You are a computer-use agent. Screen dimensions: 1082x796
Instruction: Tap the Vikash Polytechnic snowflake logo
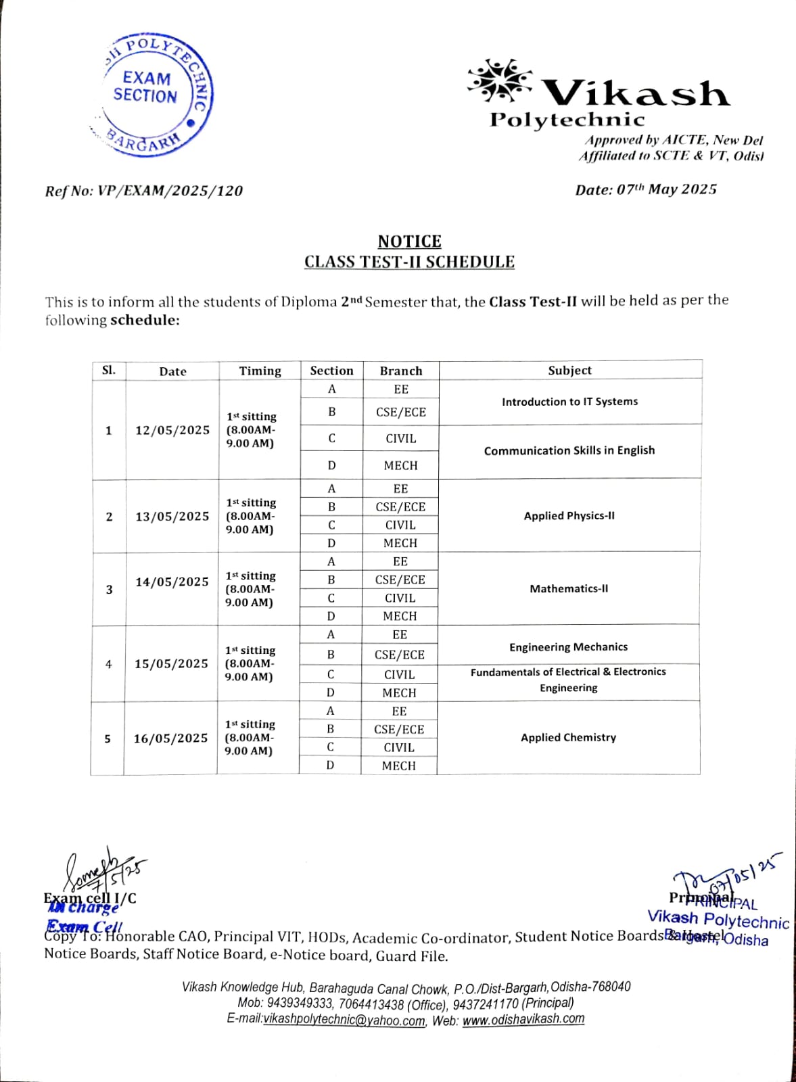[499, 80]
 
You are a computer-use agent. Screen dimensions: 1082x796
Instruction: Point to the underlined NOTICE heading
[409, 241]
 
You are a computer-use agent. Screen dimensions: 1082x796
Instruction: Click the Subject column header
[569, 370]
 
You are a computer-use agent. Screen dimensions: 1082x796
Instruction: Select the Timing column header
[260, 371]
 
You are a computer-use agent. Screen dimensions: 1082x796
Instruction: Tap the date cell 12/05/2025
[172, 430]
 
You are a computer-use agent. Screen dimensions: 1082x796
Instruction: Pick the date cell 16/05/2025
[170, 738]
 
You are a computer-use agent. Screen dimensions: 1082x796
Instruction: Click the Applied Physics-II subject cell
[569, 515]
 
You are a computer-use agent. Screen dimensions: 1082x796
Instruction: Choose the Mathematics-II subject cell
[569, 588]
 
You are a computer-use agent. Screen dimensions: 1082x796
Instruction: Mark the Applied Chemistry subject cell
[568, 737]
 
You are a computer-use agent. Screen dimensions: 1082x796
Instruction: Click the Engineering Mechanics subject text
[568, 646]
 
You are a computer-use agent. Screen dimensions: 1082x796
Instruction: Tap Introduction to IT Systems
[569, 401]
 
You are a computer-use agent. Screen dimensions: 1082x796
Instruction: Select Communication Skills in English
[569, 450]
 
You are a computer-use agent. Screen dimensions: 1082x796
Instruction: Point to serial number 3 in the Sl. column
[109, 589]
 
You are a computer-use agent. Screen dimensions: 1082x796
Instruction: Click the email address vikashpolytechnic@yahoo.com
[344, 1020]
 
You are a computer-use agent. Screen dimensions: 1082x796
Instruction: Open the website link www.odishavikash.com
[523, 1018]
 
